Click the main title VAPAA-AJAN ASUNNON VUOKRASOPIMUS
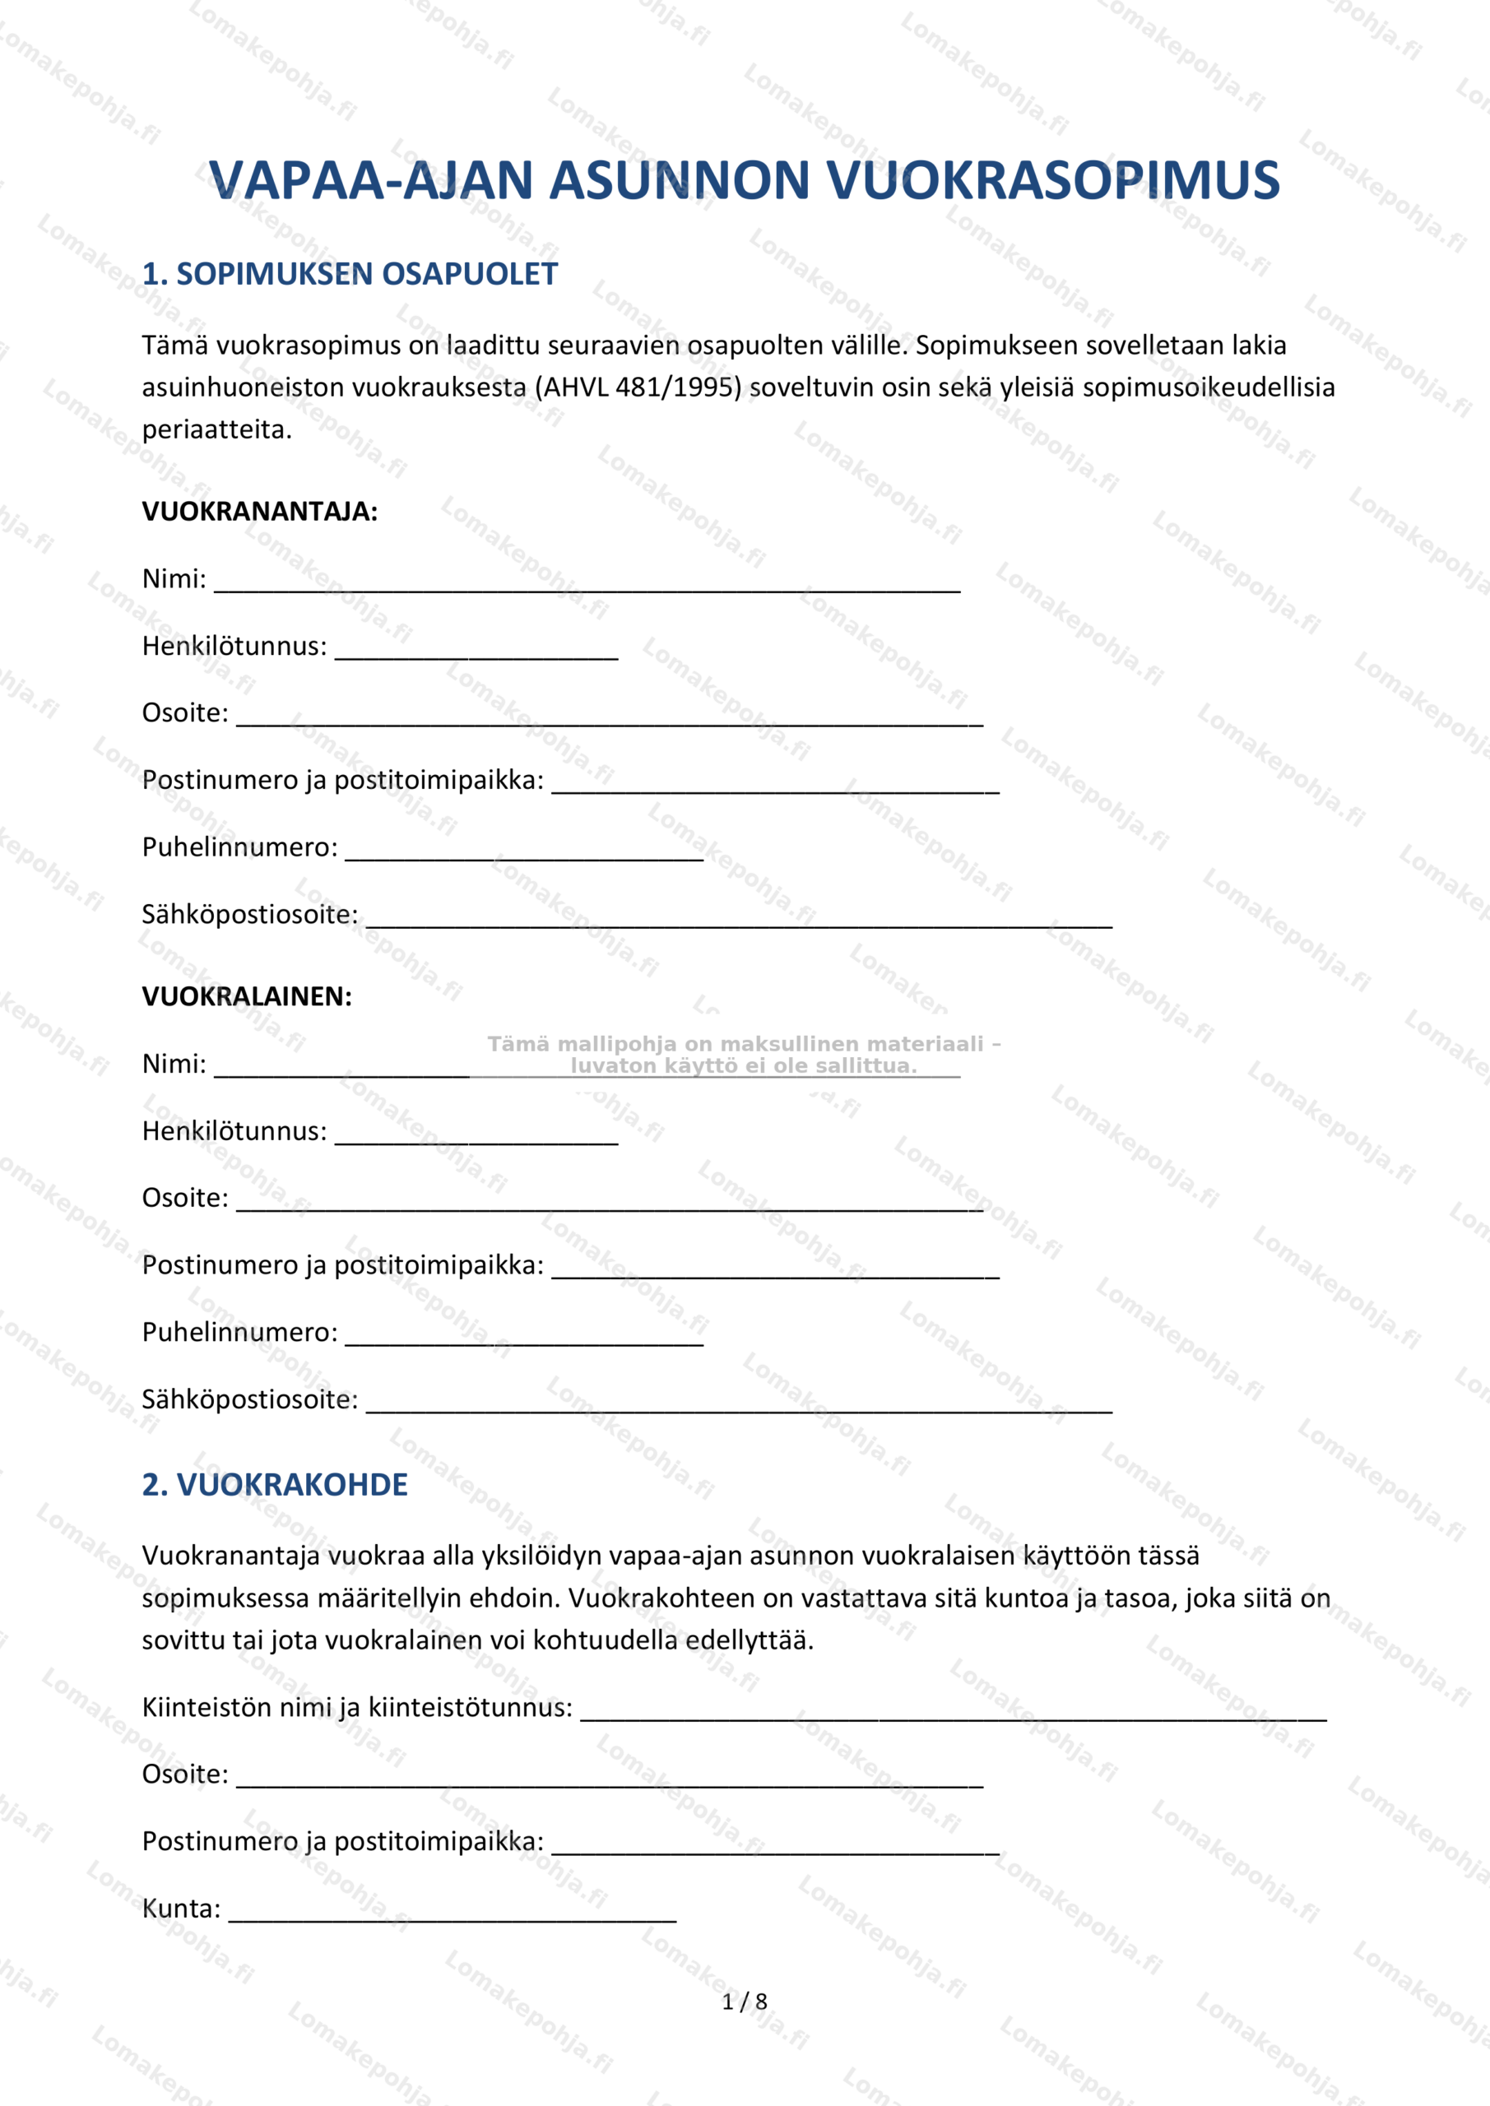click(744, 180)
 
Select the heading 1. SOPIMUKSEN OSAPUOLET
click(350, 274)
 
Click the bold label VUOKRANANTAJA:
click(260, 511)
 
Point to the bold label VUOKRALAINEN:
click(247, 996)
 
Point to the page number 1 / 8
click(744, 2002)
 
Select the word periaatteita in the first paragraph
click(216, 429)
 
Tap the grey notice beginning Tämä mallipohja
click(743, 1055)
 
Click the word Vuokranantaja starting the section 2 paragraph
click(231, 1556)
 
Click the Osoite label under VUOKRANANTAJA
click(184, 712)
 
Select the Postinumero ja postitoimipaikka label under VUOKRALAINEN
click(342, 1265)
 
